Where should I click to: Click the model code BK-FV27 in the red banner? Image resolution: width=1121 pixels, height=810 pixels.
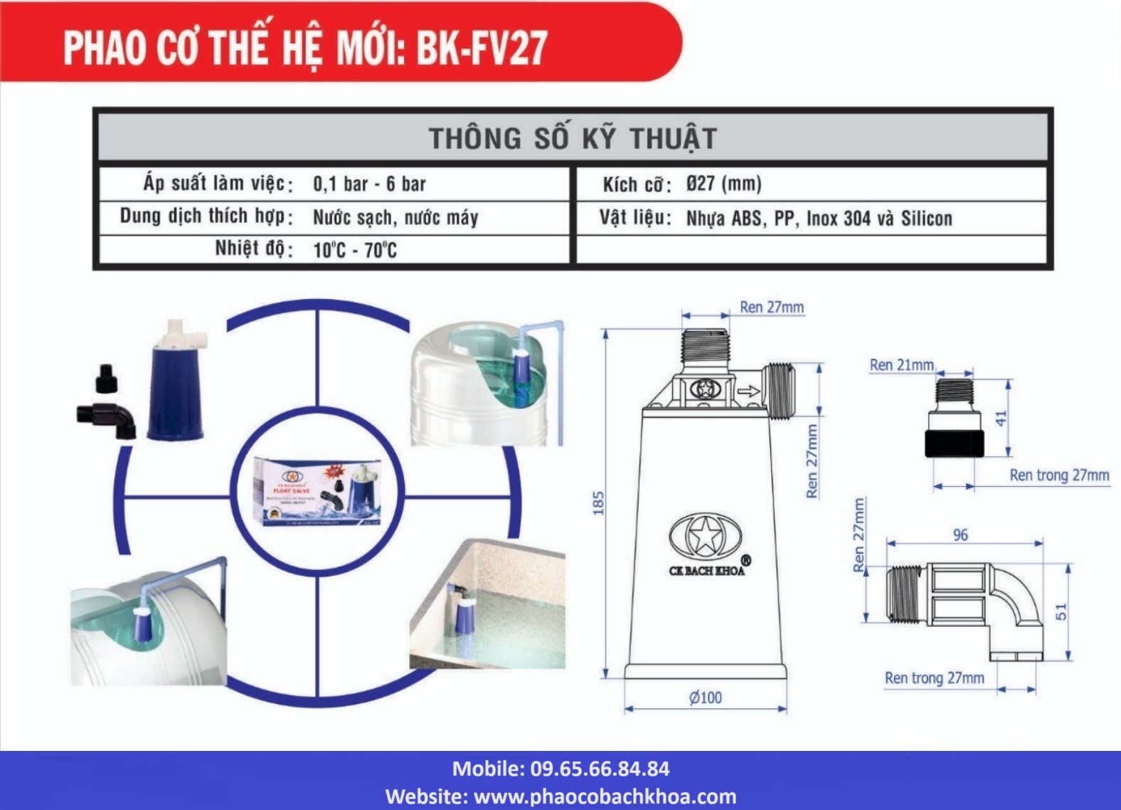[x=482, y=48]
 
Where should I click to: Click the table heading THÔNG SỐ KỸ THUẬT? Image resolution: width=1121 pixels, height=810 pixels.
[x=573, y=138]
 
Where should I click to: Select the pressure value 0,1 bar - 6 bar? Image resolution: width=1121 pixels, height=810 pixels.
[x=369, y=184]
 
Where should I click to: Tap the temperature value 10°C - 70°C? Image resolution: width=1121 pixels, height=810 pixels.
[x=354, y=250]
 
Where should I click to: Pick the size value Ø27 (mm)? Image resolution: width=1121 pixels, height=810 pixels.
[x=723, y=184]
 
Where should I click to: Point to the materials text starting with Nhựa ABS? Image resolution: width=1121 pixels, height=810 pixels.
[x=819, y=218]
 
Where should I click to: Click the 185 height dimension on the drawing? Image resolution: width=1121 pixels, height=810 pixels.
[x=597, y=503]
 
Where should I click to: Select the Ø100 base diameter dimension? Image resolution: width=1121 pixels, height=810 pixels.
[x=705, y=698]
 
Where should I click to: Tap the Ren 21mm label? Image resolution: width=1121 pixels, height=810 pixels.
[x=901, y=365]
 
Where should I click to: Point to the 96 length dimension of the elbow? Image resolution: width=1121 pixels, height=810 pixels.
[x=960, y=535]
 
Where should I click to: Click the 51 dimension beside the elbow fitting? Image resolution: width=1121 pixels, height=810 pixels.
[x=1061, y=611]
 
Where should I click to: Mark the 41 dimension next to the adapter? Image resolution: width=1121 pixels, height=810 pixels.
[x=1002, y=419]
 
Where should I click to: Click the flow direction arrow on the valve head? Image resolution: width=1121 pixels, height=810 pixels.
[x=748, y=391]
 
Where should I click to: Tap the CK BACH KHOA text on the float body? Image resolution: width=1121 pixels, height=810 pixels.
[x=706, y=570]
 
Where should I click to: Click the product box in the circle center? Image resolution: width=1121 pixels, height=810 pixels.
[x=318, y=491]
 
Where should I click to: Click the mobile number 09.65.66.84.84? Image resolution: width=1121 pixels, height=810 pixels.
[x=599, y=769]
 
